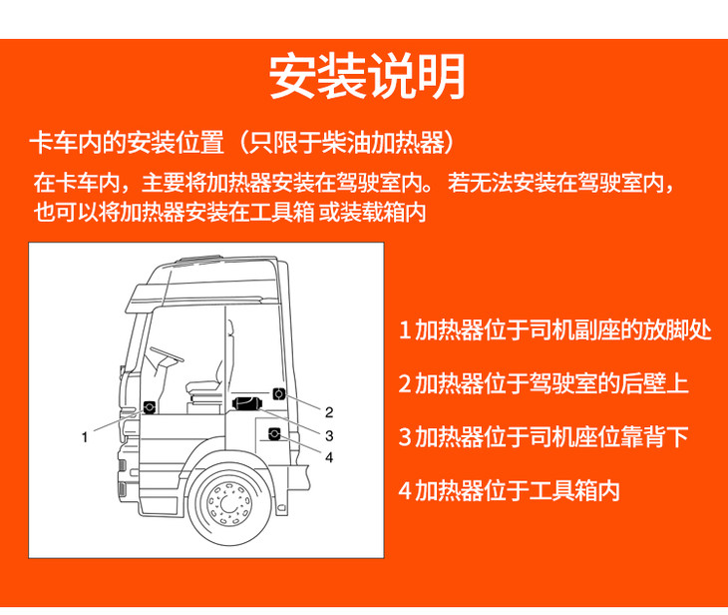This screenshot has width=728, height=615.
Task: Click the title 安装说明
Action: (x=367, y=76)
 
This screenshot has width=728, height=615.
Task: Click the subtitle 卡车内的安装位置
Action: (x=128, y=142)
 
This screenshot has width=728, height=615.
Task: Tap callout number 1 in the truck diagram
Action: (x=85, y=437)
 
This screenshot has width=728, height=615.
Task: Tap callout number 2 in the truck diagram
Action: (x=329, y=412)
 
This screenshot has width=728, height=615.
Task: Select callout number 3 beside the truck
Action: (x=329, y=435)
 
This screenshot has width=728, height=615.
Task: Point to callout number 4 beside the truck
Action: (x=329, y=457)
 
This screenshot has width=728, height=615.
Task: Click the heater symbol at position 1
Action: (x=149, y=407)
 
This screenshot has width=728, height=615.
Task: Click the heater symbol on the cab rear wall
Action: (x=278, y=394)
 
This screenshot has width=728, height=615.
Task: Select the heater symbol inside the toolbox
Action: (x=274, y=434)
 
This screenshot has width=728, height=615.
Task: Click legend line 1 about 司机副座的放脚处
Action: (x=554, y=330)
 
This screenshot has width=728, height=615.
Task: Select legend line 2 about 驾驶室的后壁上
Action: (x=544, y=383)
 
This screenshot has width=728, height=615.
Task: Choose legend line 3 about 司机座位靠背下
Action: (x=544, y=437)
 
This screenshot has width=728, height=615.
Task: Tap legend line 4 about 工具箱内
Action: (x=510, y=490)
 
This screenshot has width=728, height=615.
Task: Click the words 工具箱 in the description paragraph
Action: (x=282, y=213)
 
